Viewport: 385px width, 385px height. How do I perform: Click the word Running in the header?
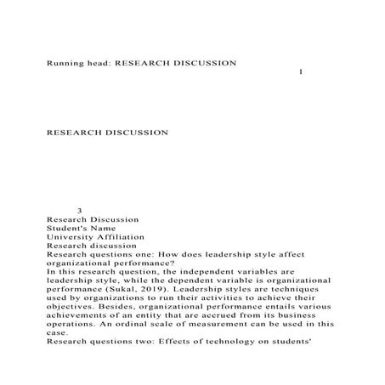click(x=65, y=64)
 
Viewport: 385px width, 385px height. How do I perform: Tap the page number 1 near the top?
click(x=303, y=71)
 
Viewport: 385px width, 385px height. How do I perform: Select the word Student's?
click(x=67, y=227)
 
